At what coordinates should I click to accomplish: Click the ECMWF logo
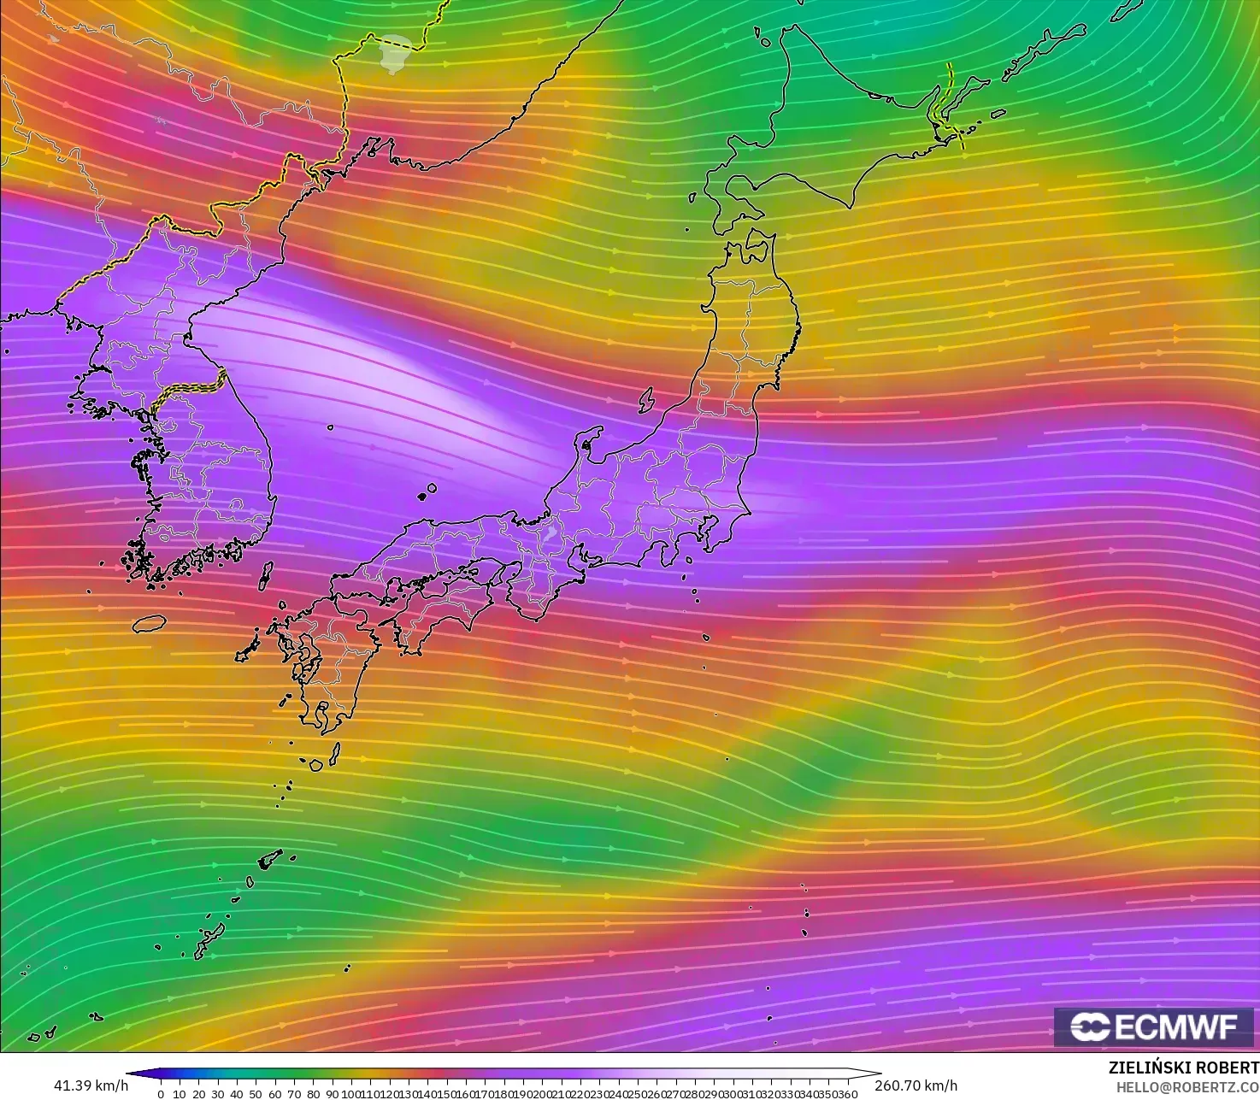pos(1154,1026)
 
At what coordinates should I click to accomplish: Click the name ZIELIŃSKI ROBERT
pos(1183,1068)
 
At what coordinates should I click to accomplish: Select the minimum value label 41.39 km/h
pos(91,1085)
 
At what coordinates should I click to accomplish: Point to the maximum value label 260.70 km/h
pos(916,1085)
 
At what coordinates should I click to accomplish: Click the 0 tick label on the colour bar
pos(161,1094)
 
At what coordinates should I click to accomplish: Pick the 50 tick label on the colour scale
pos(255,1094)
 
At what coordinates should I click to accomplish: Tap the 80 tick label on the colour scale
pos(312,1094)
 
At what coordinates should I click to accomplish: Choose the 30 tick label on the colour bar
pos(217,1094)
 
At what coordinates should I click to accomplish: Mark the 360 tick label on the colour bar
pos(847,1094)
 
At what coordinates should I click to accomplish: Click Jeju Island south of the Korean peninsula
pos(149,624)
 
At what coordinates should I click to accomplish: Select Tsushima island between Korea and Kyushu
pos(265,576)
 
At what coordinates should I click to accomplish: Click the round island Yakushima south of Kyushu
pos(316,765)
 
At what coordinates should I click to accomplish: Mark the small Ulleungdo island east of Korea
pos(330,427)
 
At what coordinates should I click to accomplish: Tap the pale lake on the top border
pos(394,53)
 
